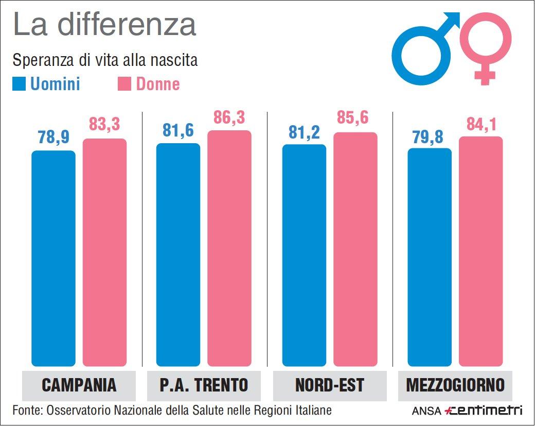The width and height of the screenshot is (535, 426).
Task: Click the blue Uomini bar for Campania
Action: pyautogui.click(x=53, y=258)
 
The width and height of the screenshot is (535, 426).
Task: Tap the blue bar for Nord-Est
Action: pyautogui.click(x=305, y=255)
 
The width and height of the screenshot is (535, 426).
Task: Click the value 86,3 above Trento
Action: pyautogui.click(x=229, y=118)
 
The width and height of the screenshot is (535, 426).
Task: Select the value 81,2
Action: pyautogui.click(x=305, y=132)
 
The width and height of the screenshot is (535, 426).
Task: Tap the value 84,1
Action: pyautogui.click(x=480, y=124)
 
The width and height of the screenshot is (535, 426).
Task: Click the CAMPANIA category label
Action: pyautogui.click(x=79, y=385)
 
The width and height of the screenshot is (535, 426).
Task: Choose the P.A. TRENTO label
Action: pyautogui.click(x=204, y=385)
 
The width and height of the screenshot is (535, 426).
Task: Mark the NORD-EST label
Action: pyautogui.click(x=329, y=385)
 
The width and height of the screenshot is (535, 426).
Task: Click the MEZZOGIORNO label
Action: pyautogui.click(x=455, y=385)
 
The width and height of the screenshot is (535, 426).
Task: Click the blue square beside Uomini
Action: pyautogui.click(x=19, y=84)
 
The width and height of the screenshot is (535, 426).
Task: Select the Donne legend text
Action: pyautogui.click(x=158, y=84)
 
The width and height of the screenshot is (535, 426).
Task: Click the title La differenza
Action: pyautogui.click(x=104, y=25)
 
